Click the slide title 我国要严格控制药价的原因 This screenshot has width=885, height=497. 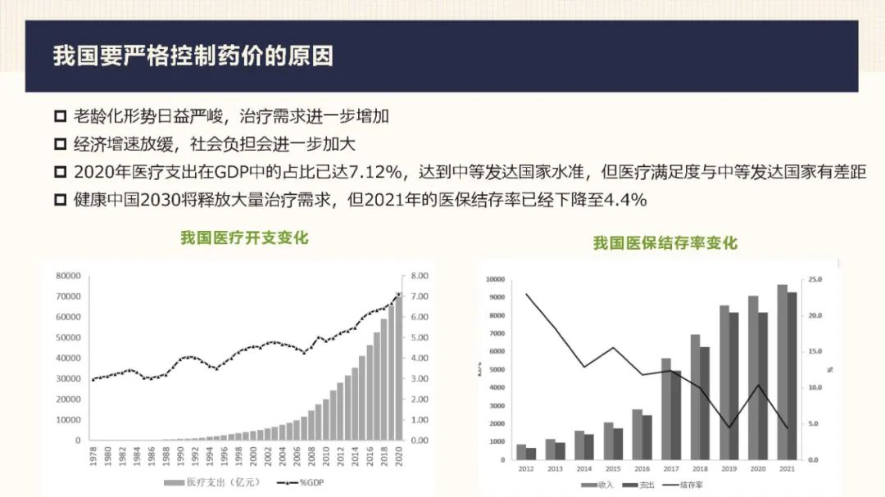click(193, 56)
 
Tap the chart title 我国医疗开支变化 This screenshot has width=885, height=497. click(244, 238)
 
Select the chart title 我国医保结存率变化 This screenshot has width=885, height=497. click(665, 243)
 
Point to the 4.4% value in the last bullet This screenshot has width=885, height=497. click(625, 200)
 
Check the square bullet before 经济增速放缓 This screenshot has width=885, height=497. click(60, 145)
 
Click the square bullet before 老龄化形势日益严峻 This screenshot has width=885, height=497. click(60, 117)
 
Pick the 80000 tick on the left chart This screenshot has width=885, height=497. click(68, 276)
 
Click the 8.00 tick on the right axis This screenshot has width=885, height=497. click(419, 276)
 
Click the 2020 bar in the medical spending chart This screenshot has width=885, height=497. click(399, 368)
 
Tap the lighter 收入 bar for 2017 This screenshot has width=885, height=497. click(665, 409)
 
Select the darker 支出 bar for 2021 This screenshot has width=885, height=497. click(792, 377)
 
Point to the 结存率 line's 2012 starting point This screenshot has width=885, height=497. click(527, 294)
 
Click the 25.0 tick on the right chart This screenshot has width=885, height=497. click(814, 280)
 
